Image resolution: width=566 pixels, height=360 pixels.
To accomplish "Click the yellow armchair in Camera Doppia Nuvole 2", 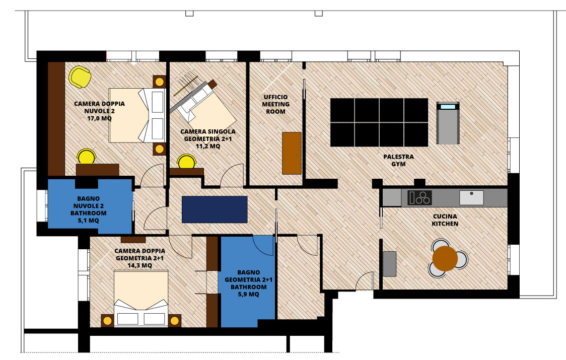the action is (x=80, y=77).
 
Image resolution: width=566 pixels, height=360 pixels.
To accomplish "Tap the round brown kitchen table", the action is (x=445, y=258).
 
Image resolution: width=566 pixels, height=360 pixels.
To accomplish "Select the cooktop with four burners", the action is (x=419, y=198).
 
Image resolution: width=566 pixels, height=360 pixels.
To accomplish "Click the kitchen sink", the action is (x=471, y=198).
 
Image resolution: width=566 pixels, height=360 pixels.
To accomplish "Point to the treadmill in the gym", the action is (x=448, y=123).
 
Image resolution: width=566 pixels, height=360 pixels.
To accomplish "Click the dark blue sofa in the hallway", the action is (x=215, y=209).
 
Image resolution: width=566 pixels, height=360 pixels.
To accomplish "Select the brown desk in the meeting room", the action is (x=292, y=153).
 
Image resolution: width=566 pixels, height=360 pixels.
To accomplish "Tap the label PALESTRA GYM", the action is (x=398, y=160).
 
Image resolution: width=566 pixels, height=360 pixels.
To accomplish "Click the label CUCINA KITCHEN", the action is (x=445, y=220).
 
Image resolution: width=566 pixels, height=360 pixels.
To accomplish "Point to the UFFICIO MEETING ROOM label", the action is (x=276, y=104).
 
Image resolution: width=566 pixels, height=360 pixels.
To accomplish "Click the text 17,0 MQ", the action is (x=99, y=118).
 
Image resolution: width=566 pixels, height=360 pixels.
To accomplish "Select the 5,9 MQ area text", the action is (x=248, y=294).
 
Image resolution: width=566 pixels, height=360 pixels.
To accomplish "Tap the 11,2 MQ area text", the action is (x=208, y=146).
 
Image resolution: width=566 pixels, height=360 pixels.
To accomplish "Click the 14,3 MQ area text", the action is (x=139, y=265).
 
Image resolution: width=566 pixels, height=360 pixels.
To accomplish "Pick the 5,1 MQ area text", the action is (x=88, y=221).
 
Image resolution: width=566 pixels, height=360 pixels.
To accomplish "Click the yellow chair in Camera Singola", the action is (x=187, y=162).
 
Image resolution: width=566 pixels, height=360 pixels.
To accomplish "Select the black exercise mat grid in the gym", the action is (x=379, y=122).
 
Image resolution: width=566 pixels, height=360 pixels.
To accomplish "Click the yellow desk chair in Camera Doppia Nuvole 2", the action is (x=87, y=157).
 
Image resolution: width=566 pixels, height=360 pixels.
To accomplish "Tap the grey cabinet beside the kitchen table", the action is (x=389, y=264).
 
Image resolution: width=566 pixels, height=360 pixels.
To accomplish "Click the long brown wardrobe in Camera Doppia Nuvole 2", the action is (x=56, y=119).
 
